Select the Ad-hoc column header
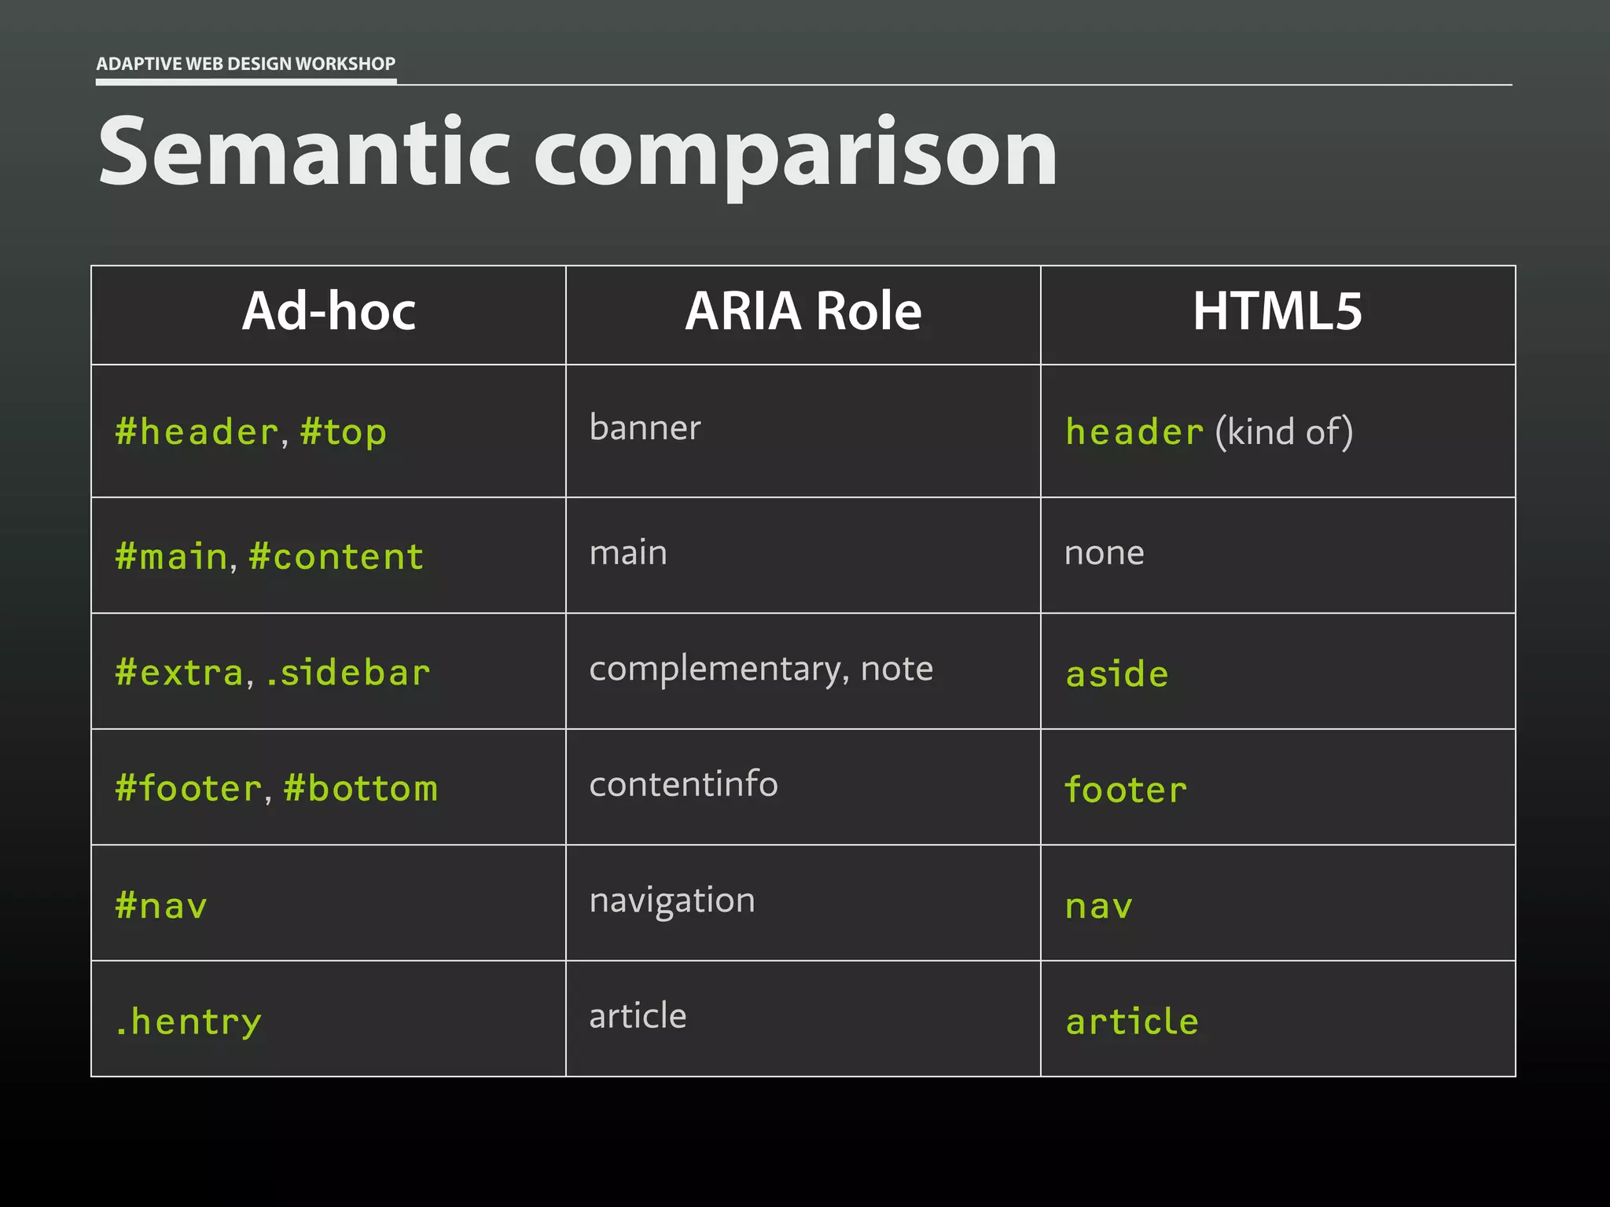pyautogui.click(x=329, y=311)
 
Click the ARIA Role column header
pyautogui.click(x=803, y=311)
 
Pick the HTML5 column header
pyautogui.click(x=1277, y=311)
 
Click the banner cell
pyautogui.click(x=645, y=428)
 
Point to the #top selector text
pyautogui.click(x=344, y=432)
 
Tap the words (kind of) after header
pyautogui.click(x=1284, y=432)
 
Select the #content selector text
pyautogui.click(x=336, y=556)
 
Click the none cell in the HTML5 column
pyautogui.click(x=1104, y=553)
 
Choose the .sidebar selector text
pyautogui.click(x=348, y=673)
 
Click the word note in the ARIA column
pyautogui.click(x=897, y=669)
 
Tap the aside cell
pyautogui.click(x=1117, y=674)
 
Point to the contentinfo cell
pyautogui.click(x=683, y=784)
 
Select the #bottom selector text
pyautogui.click(x=361, y=788)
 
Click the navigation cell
pyautogui.click(x=672, y=901)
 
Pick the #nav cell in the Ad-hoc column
pyautogui.click(x=161, y=905)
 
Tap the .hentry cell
pyautogui.click(x=188, y=1022)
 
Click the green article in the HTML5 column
pyautogui.click(x=1132, y=1022)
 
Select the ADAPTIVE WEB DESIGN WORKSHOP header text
pyautogui.click(x=245, y=64)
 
